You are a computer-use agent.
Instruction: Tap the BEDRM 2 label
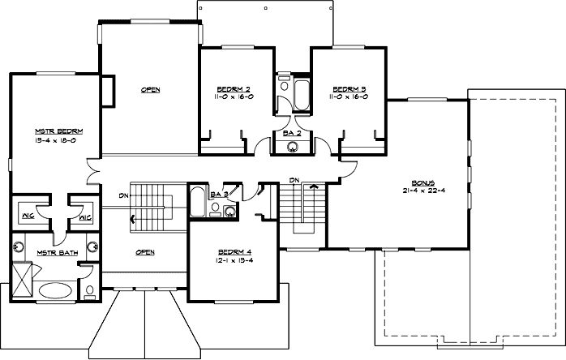pos(232,88)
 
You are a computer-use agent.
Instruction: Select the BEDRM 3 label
pos(349,88)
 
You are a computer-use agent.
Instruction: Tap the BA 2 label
pos(292,131)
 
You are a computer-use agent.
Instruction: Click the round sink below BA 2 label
pos(293,146)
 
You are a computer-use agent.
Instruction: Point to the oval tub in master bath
pos(54,291)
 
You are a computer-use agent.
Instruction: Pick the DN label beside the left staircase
pos(122,195)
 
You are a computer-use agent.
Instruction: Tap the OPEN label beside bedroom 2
pos(149,89)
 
